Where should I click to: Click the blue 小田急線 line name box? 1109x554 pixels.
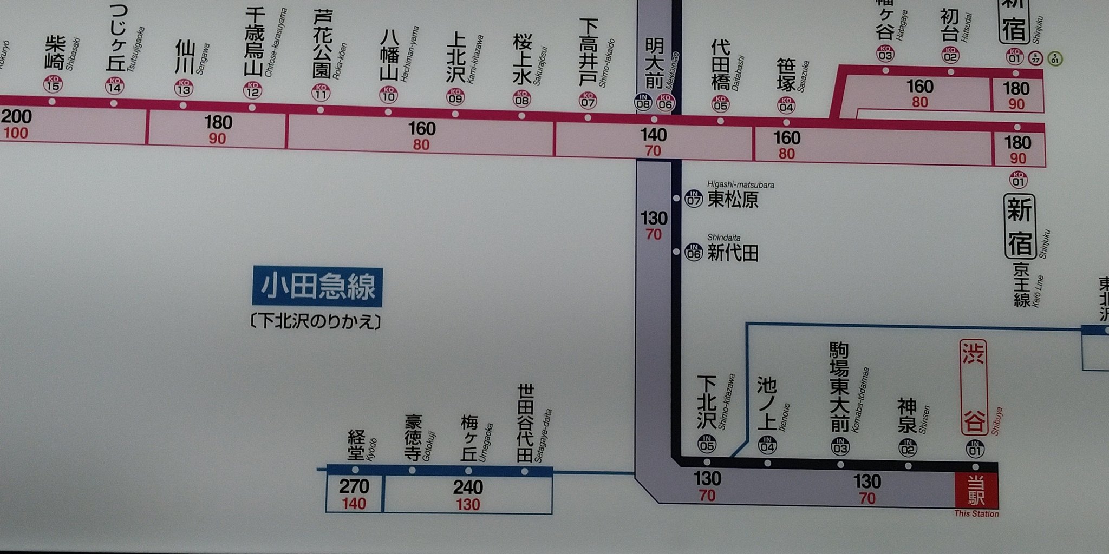[317, 287]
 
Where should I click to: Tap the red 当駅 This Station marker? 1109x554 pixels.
[976, 489]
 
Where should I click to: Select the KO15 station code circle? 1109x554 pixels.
[53, 84]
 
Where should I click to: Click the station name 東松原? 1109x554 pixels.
[733, 200]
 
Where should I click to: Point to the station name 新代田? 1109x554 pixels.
[733, 253]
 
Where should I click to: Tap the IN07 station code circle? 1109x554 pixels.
[694, 198]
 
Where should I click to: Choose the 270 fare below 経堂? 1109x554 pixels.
[354, 486]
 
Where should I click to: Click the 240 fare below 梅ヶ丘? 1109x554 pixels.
[468, 487]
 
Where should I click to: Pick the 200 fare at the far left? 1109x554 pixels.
[16, 116]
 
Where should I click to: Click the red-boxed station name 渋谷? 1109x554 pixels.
[974, 387]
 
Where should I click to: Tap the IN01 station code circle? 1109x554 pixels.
[975, 449]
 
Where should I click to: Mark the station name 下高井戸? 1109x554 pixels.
[588, 52]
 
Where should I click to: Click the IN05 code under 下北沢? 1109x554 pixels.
[707, 445]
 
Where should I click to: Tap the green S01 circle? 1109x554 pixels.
[1054, 58]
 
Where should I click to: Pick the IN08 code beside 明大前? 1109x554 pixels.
[643, 102]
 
